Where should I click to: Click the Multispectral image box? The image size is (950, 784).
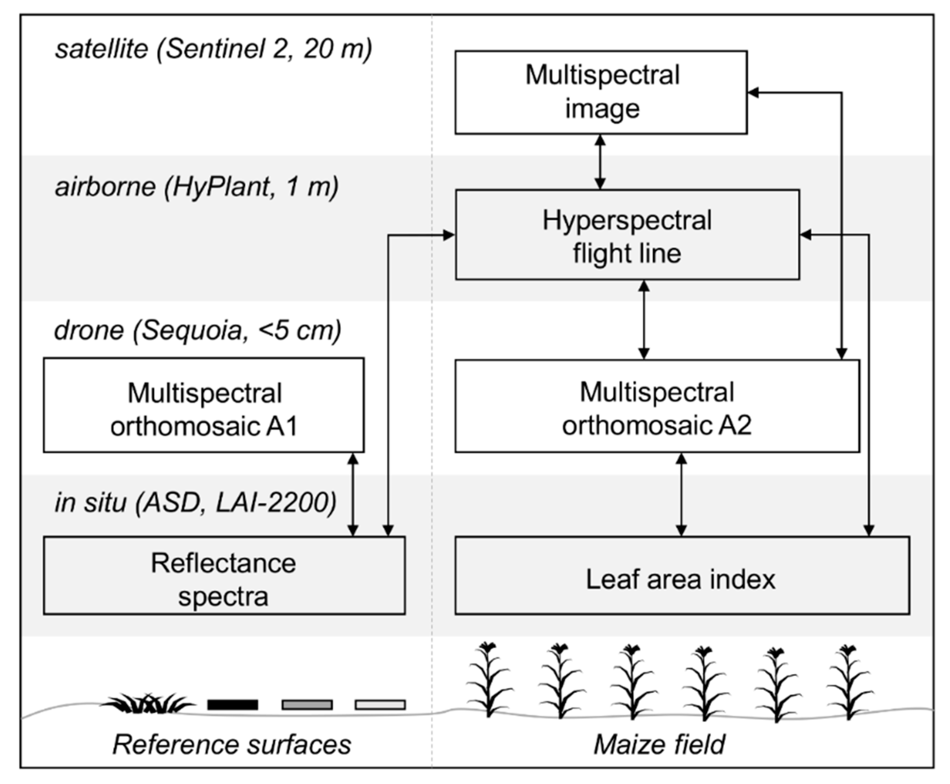pos(601,92)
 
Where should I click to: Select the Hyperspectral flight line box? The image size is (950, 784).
pos(627,235)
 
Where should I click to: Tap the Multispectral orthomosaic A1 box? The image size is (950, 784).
pos(204,405)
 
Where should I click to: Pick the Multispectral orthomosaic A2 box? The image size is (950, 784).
pos(657,406)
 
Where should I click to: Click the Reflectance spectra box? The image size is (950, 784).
pos(224,575)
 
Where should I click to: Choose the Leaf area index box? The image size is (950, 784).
pos(682,575)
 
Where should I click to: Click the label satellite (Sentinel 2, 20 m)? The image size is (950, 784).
pos(213,49)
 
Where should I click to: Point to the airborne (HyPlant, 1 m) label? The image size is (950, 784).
pos(197,187)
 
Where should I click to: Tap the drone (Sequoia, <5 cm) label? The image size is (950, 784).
pos(197,330)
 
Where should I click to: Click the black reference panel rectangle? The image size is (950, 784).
pos(233,704)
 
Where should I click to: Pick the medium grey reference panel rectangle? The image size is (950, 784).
pos(307,704)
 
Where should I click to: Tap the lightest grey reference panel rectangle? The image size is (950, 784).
pos(380,704)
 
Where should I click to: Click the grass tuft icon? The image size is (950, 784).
pos(147,703)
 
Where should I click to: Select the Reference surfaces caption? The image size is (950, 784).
pos(232,744)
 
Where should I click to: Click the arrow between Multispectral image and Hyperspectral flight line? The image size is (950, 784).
pos(600,162)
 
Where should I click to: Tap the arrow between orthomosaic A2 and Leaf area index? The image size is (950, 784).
pos(681,495)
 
